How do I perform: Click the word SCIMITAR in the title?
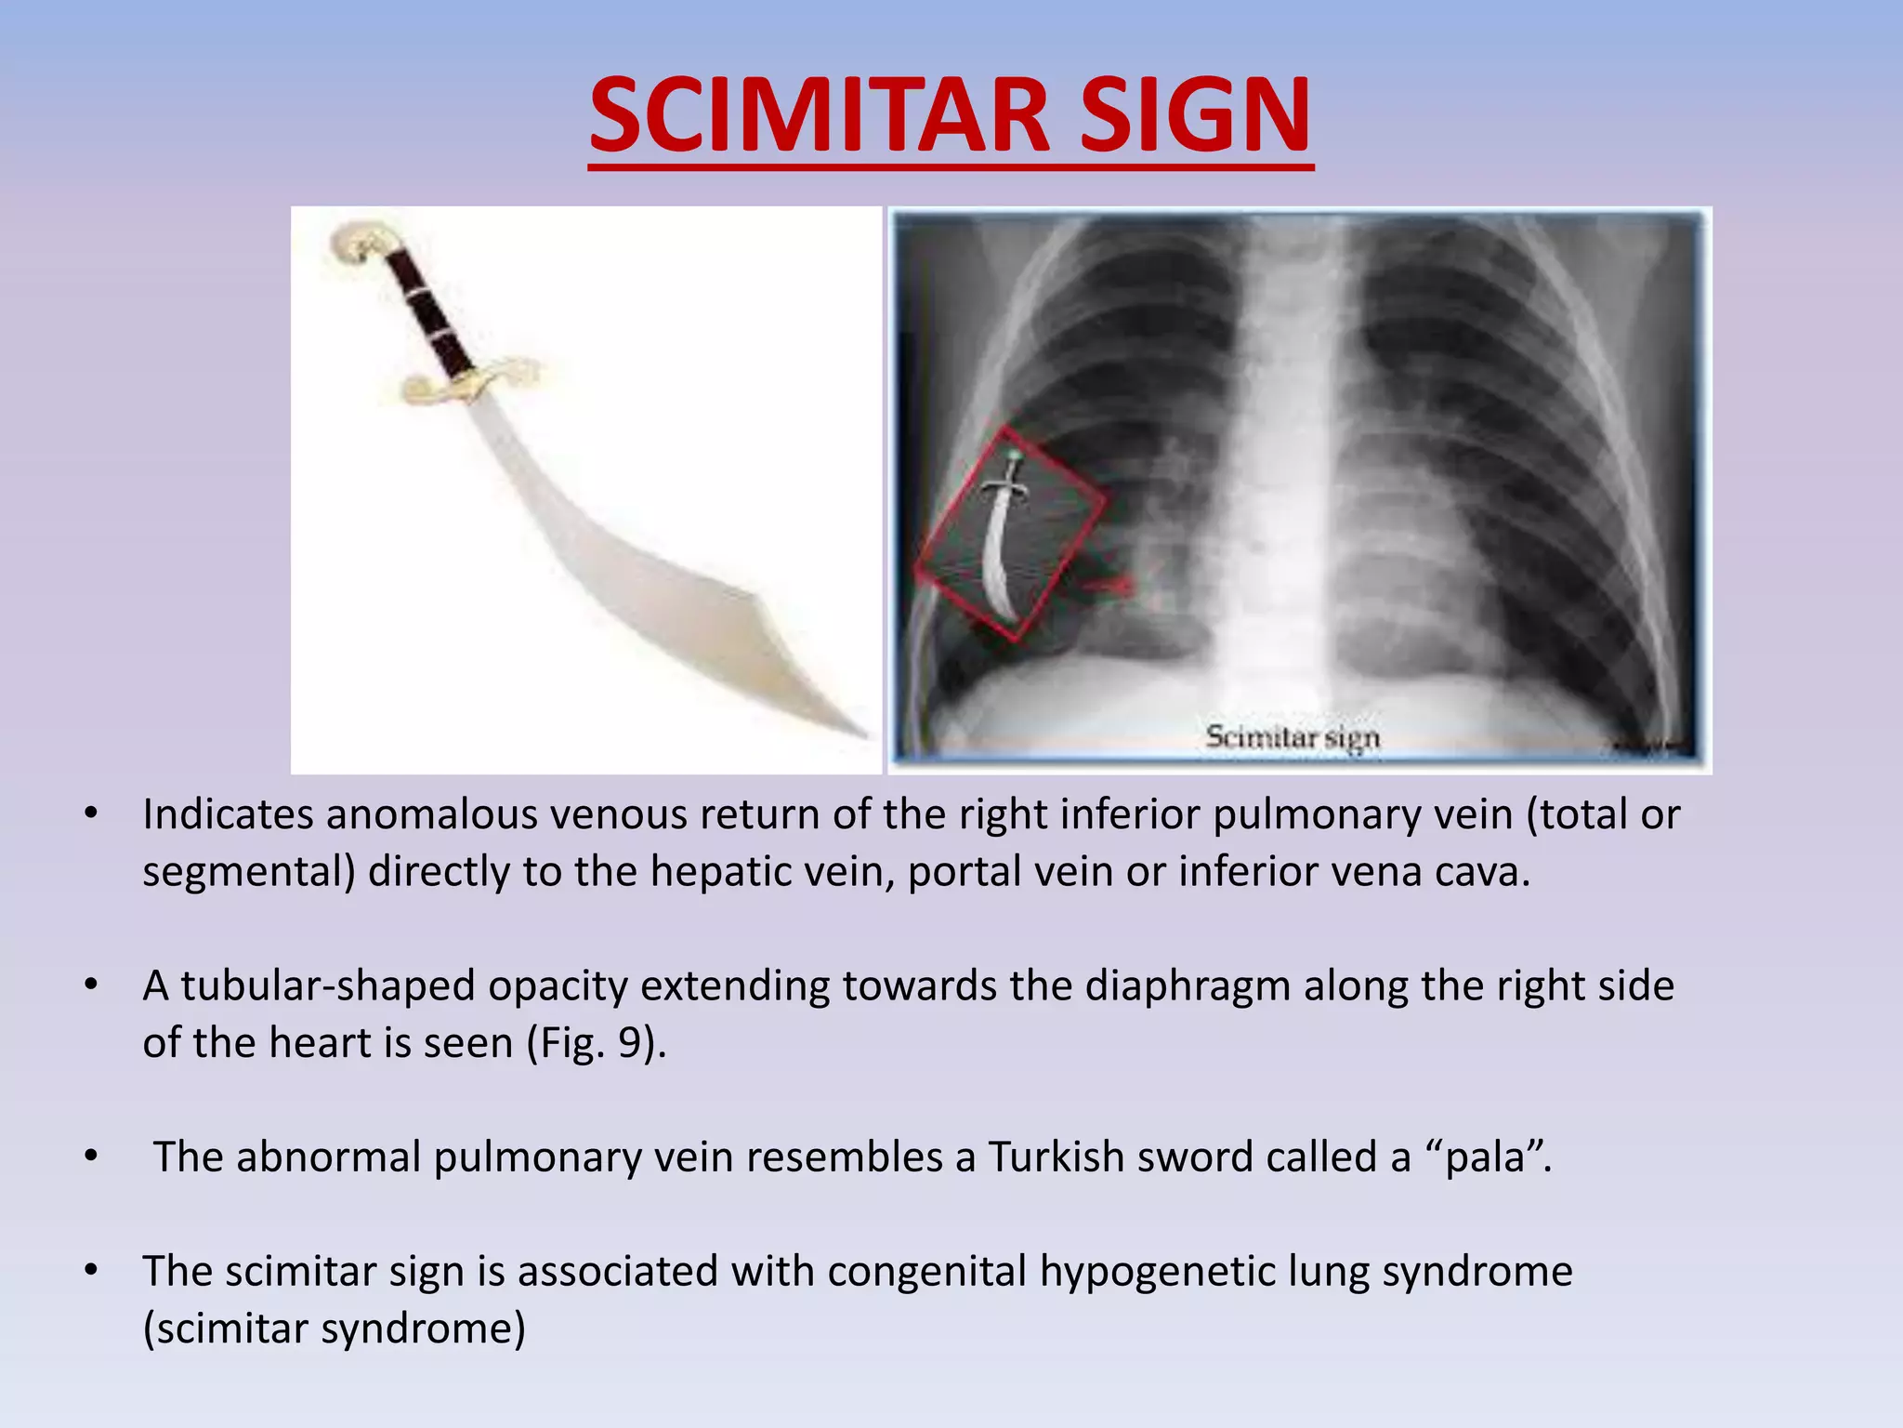click(x=819, y=116)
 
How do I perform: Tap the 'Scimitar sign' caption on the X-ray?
click(x=1292, y=737)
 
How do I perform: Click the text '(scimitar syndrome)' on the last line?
click(x=334, y=1328)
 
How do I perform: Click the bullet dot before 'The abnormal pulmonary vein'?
click(x=90, y=1156)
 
